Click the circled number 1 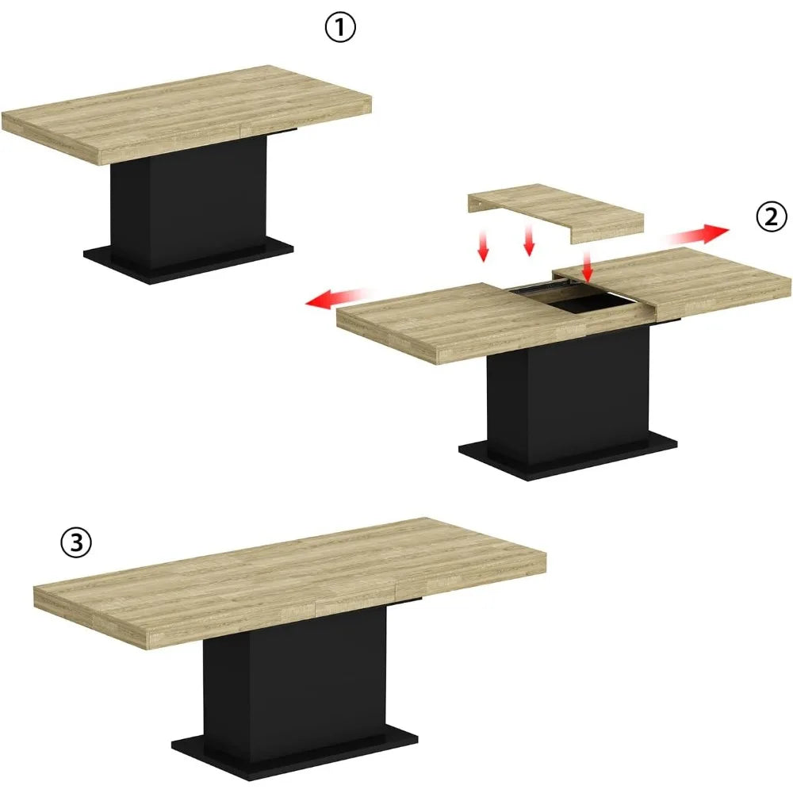tap(340, 29)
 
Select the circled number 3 tap(76, 543)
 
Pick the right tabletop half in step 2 tap(690, 282)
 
